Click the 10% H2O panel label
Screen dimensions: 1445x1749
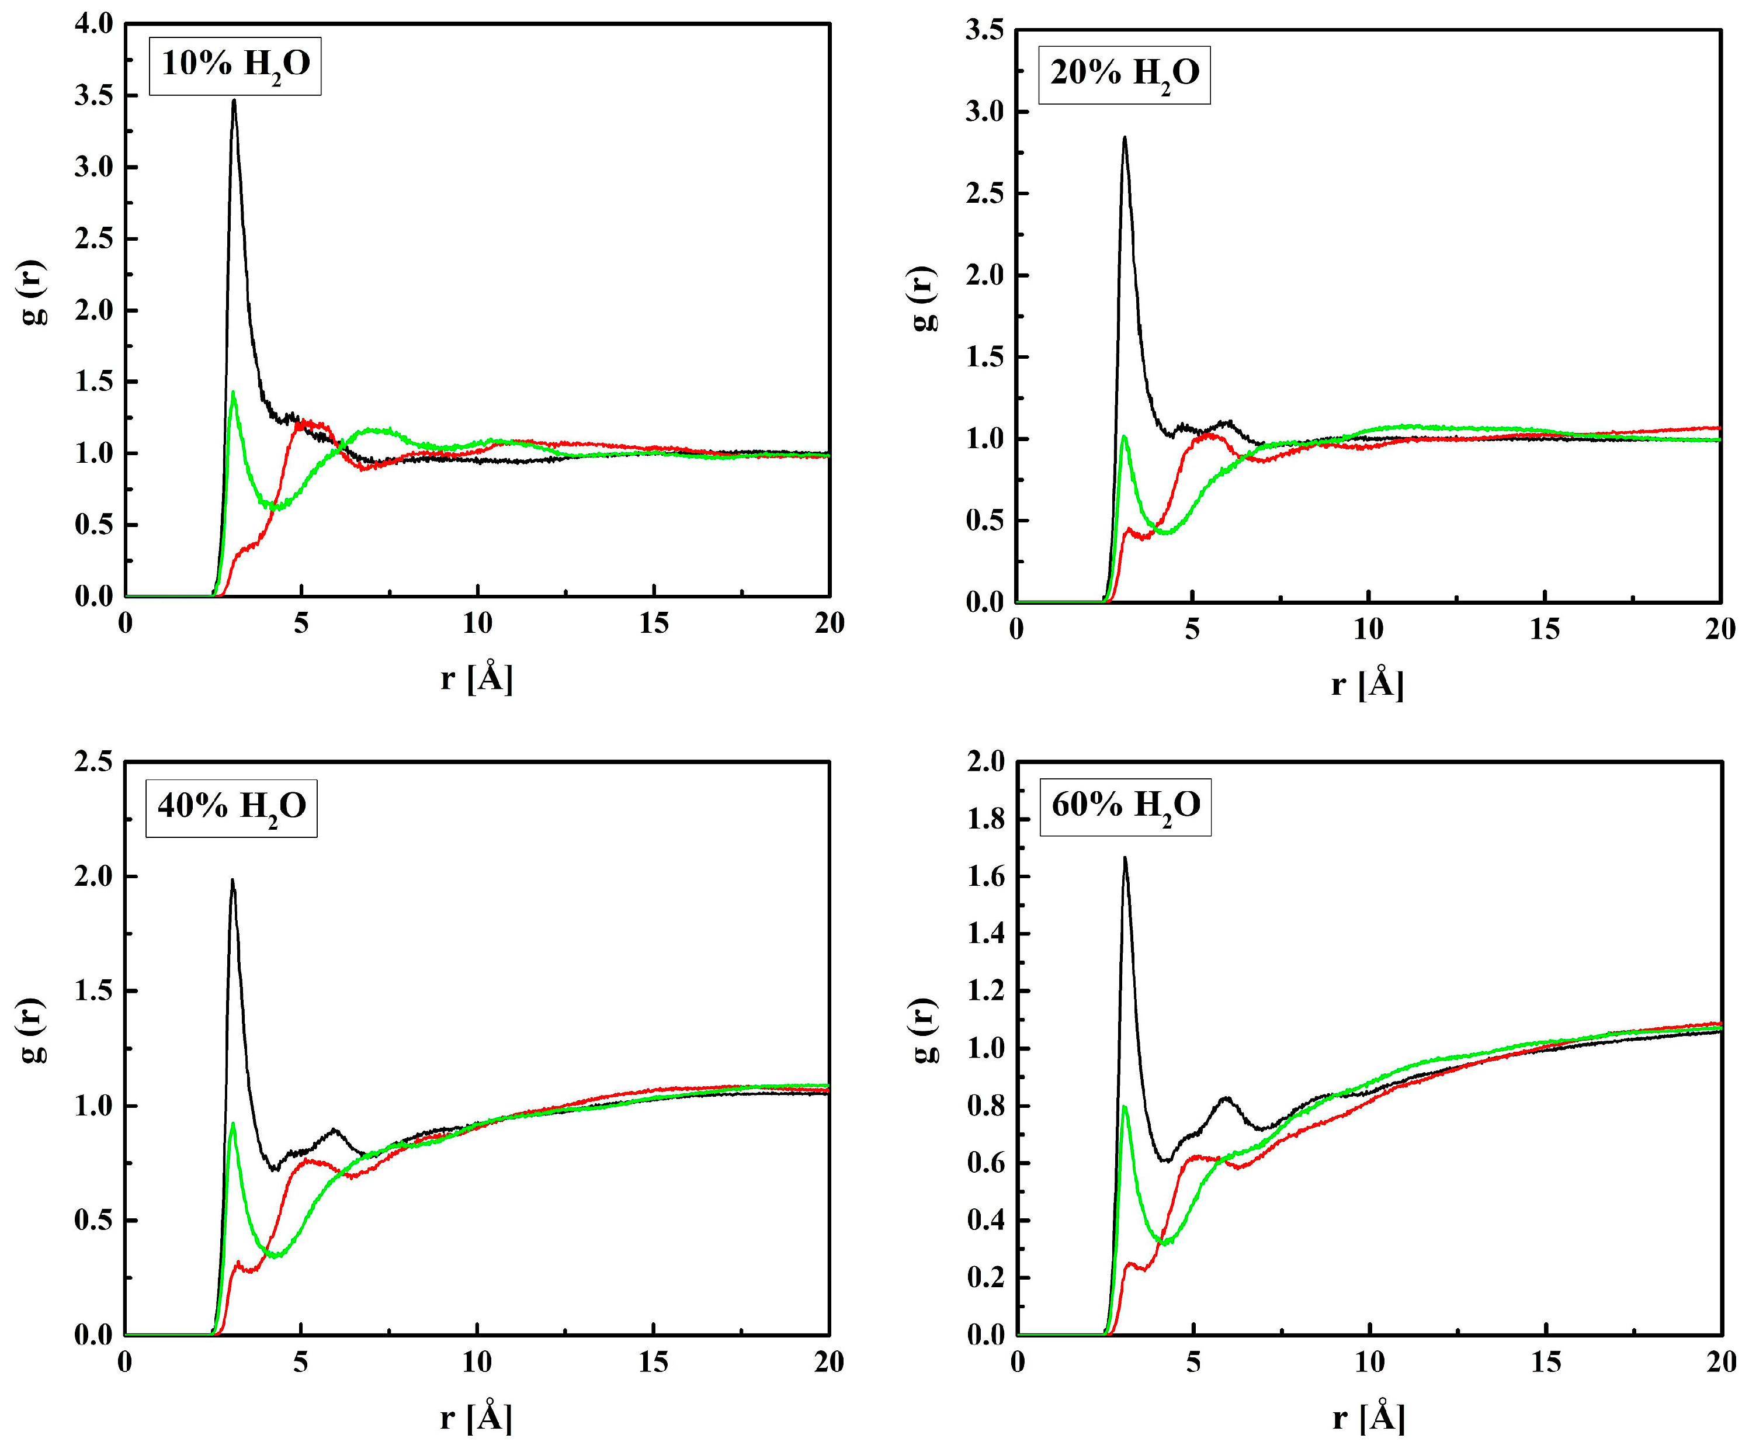(235, 65)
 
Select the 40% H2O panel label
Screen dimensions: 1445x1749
(232, 806)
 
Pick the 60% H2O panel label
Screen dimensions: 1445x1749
(1126, 806)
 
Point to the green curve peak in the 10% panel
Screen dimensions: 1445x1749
(233, 393)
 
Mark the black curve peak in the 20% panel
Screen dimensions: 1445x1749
(1125, 138)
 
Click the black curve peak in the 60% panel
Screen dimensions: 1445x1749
(1125, 858)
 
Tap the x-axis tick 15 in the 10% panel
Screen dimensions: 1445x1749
(654, 623)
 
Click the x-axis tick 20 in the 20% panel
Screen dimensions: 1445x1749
(1720, 629)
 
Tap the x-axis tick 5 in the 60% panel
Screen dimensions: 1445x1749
(1193, 1362)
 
